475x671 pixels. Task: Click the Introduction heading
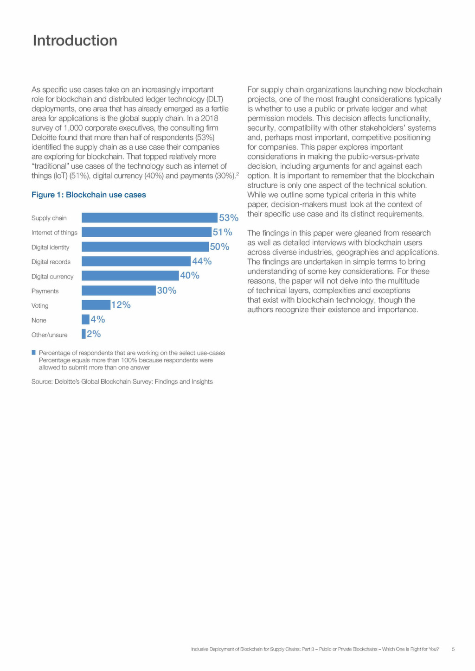pyautogui.click(x=75, y=40)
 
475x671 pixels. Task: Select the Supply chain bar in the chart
pyautogui.click(x=150, y=218)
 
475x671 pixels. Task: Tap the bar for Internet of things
pyautogui.click(x=147, y=232)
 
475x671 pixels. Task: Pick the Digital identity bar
pyautogui.click(x=146, y=247)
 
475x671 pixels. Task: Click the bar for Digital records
pyautogui.click(x=136, y=261)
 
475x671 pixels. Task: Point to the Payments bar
pyautogui.click(x=119, y=291)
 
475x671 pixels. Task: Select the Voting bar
pyautogui.click(x=96, y=305)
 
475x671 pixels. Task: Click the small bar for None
pyautogui.click(x=85, y=320)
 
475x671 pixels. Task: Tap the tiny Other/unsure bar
pyautogui.click(x=83, y=334)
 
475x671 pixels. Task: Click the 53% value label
pyautogui.click(x=229, y=218)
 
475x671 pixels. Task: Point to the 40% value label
pyautogui.click(x=190, y=276)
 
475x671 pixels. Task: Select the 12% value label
pyautogui.click(x=121, y=305)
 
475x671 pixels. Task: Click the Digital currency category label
pyautogui.click(x=52, y=277)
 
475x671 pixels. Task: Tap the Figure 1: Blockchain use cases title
pyautogui.click(x=89, y=195)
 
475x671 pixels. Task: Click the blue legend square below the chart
pyautogui.click(x=33, y=352)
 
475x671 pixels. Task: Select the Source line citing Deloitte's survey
pyautogui.click(x=122, y=382)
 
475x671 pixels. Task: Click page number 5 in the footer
pyautogui.click(x=453, y=649)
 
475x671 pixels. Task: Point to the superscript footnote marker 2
pyautogui.click(x=237, y=173)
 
